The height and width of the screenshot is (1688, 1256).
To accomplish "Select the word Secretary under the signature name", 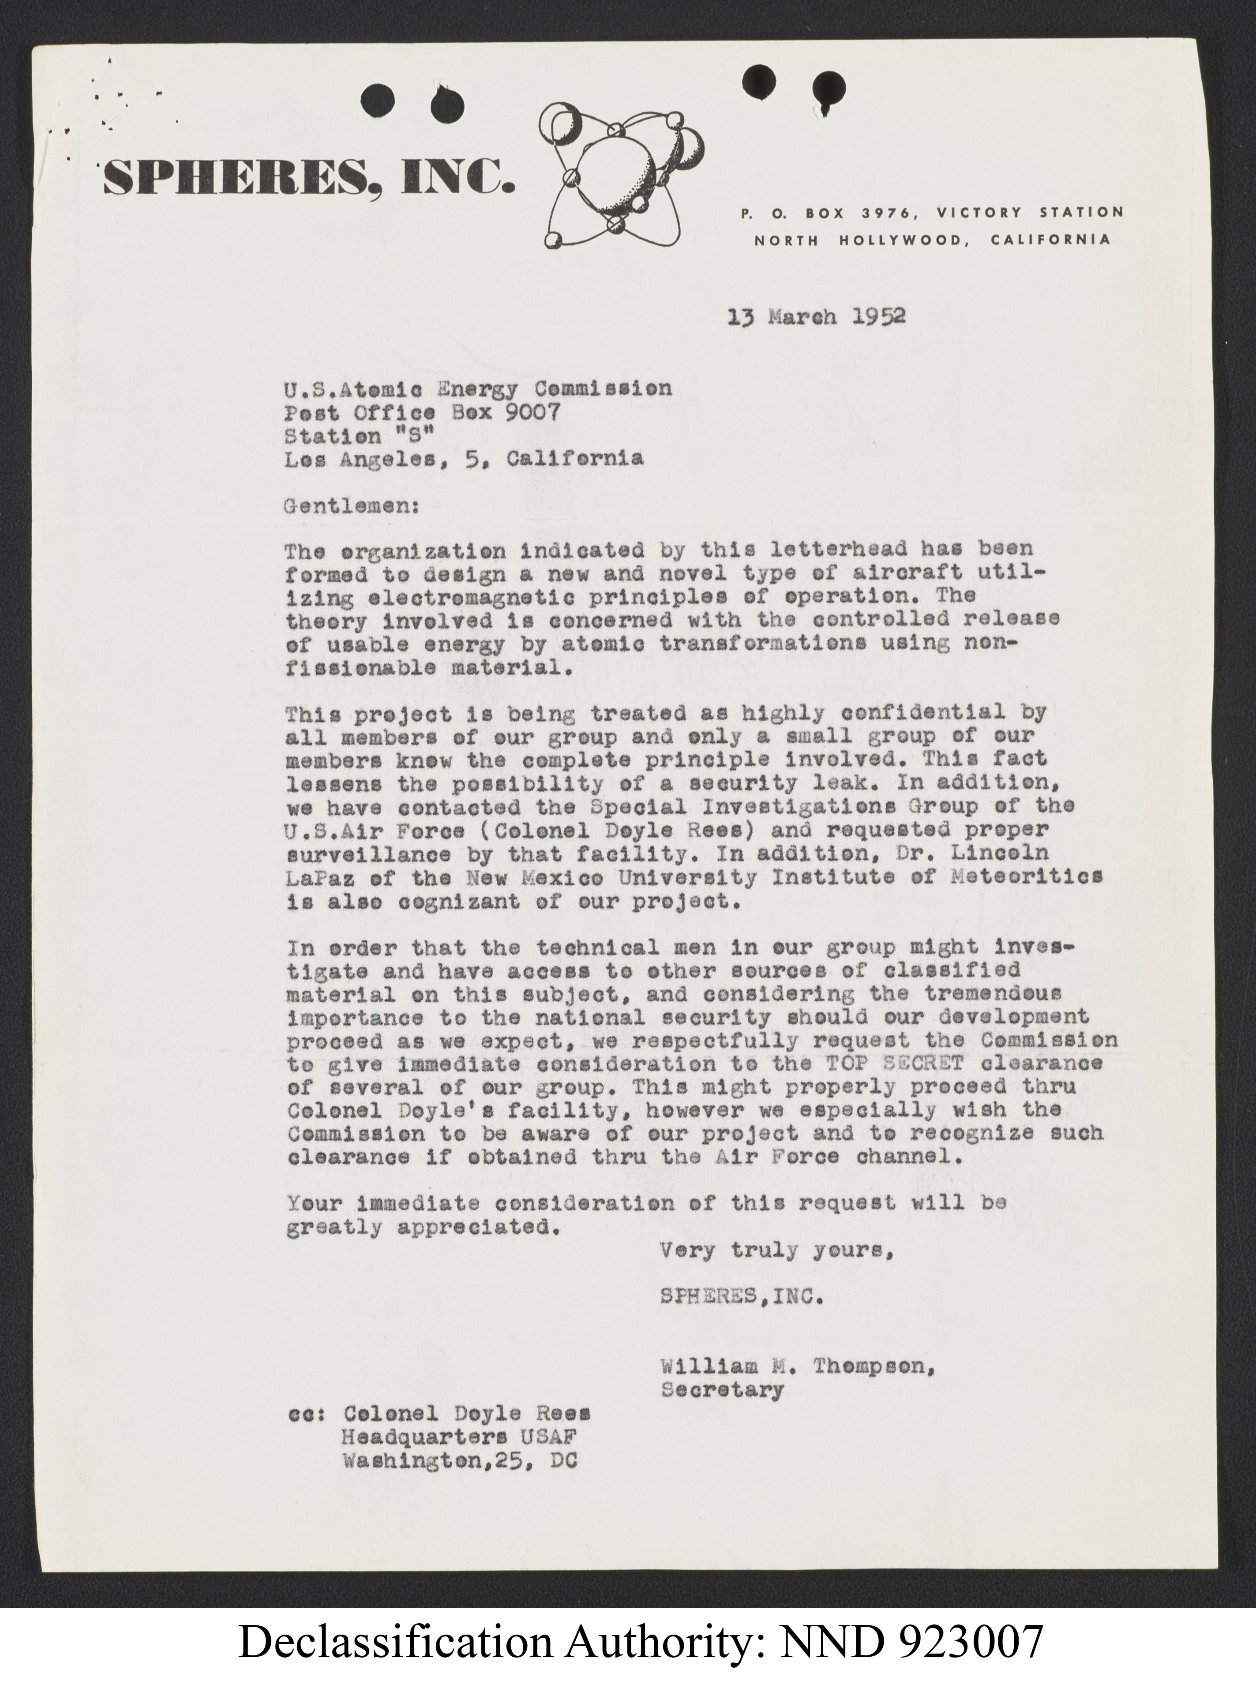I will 721,1391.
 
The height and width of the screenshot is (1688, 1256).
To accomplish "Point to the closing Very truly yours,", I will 776,1250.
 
